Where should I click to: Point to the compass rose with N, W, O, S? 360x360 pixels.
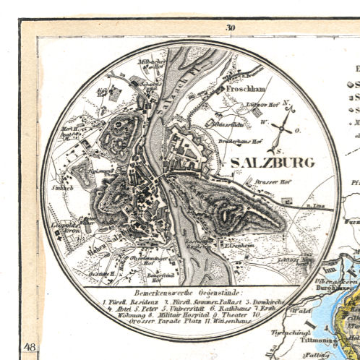(x=286, y=129)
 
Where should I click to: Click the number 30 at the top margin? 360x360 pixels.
(x=230, y=28)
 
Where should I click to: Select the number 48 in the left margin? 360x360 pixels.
(x=30, y=348)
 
